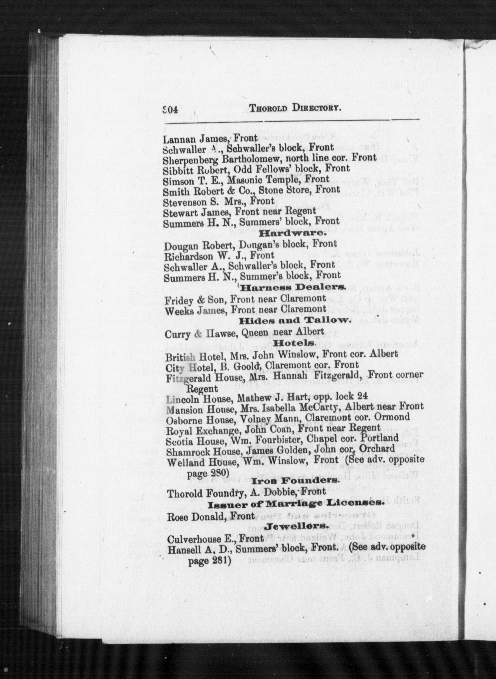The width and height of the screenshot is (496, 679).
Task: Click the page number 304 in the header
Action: coord(170,109)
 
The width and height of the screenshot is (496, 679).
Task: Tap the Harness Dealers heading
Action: coord(293,288)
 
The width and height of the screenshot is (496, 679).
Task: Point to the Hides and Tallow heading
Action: coord(294,321)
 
